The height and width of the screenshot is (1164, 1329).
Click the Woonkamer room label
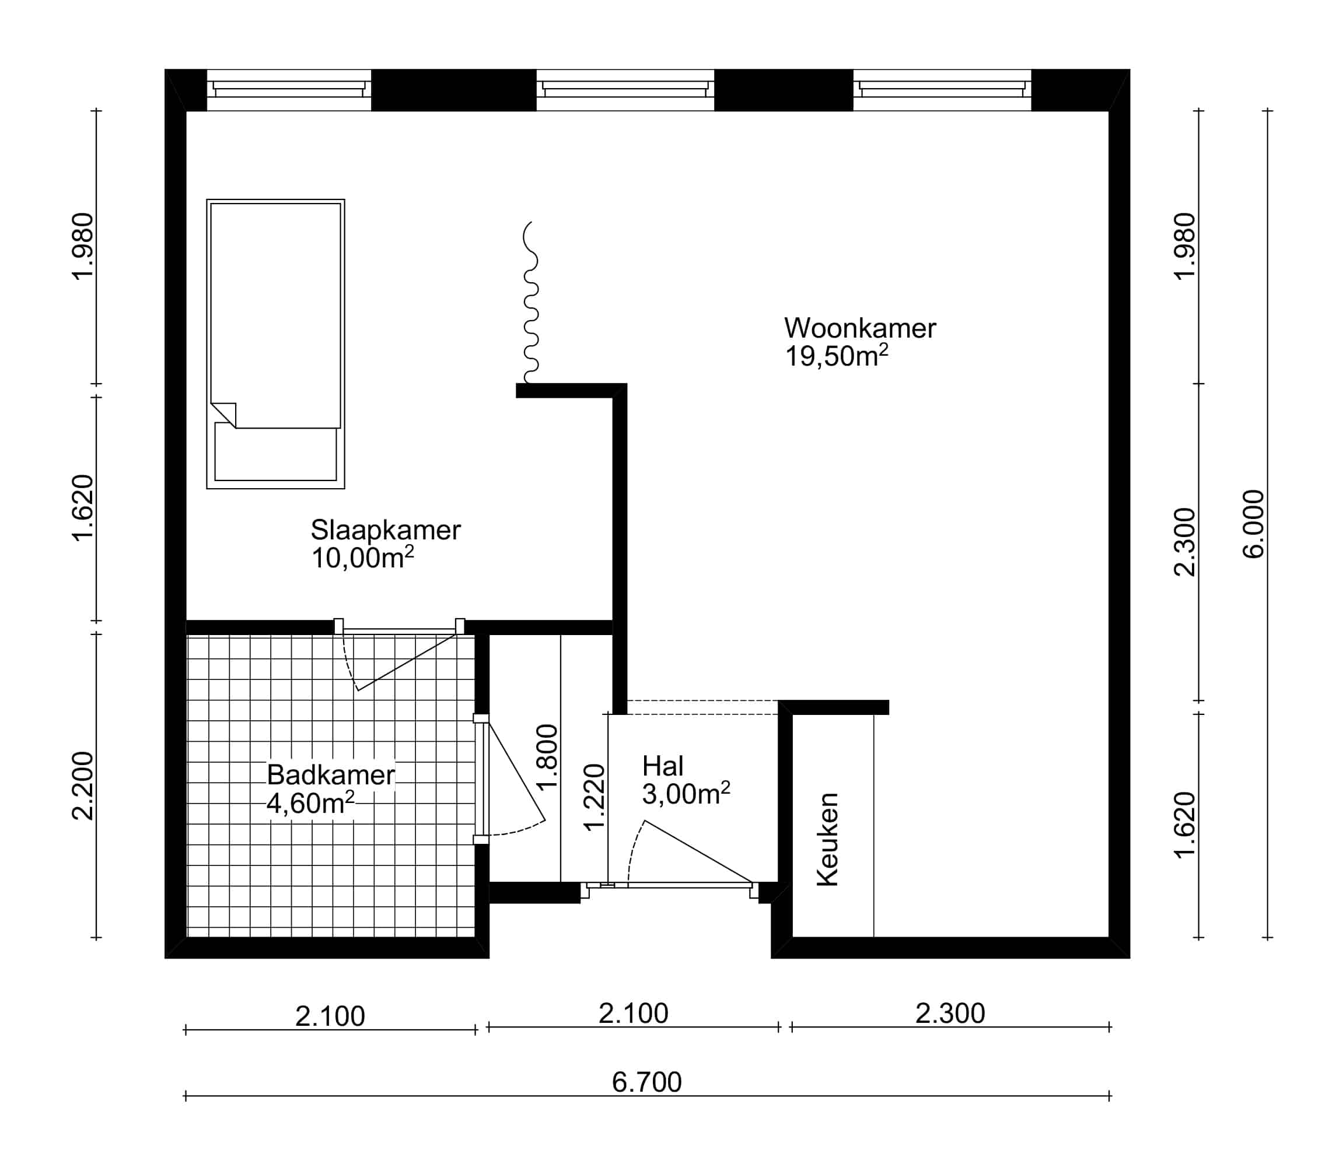pyautogui.click(x=860, y=328)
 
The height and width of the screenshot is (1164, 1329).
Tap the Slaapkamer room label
pyautogui.click(x=386, y=530)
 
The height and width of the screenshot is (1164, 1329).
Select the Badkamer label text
pyautogui.click(x=331, y=775)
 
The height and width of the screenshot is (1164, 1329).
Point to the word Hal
pyautogui.click(x=663, y=766)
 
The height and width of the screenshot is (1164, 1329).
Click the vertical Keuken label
pyautogui.click(x=828, y=839)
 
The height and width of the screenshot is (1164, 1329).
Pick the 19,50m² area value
pyautogui.click(x=837, y=356)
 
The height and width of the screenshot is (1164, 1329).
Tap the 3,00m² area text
pyautogui.click(x=686, y=794)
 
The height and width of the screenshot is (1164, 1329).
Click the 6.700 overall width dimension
pyautogui.click(x=646, y=1082)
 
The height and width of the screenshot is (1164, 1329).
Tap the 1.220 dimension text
pyautogui.click(x=594, y=797)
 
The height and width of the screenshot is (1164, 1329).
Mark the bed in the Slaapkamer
pyautogui.click(x=275, y=343)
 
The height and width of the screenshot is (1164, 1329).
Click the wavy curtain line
pyautogui.click(x=531, y=302)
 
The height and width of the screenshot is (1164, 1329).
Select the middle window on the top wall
pyautogui.click(x=625, y=90)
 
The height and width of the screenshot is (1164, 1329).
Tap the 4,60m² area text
pyautogui.click(x=310, y=804)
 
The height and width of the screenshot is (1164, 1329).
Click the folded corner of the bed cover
pyautogui.click(x=224, y=415)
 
